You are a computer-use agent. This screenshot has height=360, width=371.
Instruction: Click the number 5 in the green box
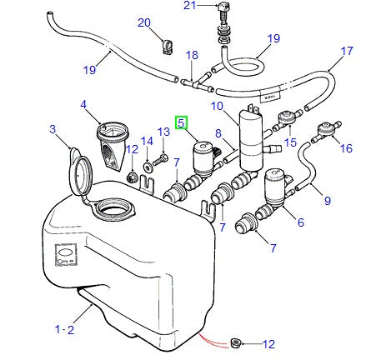coord(181,122)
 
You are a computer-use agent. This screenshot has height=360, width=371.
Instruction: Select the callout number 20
coord(143,22)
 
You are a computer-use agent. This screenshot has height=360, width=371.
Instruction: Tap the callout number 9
coord(326,200)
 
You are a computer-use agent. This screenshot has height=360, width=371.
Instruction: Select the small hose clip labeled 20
coord(166,39)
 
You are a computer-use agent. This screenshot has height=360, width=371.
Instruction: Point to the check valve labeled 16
coord(323,131)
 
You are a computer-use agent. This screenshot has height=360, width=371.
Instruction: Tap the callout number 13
coord(164,132)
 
